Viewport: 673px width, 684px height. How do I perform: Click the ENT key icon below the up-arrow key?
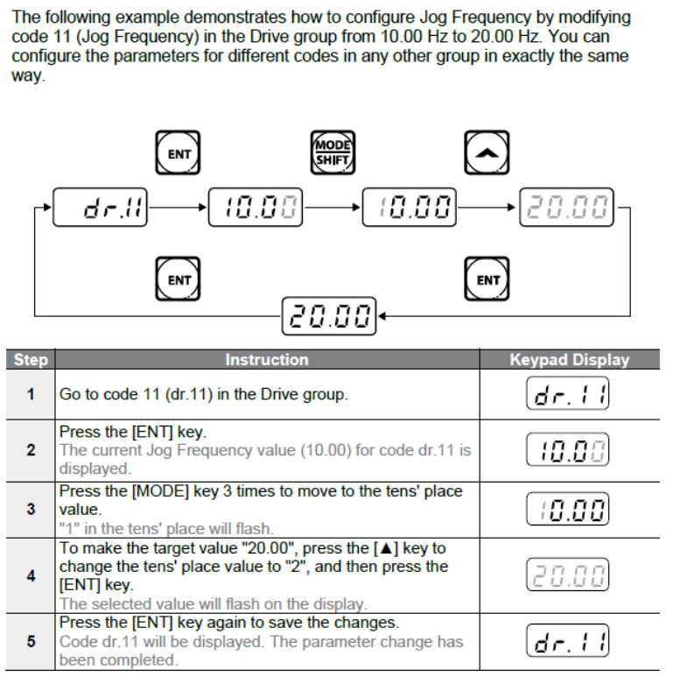487,279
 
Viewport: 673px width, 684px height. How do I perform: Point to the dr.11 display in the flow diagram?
102,208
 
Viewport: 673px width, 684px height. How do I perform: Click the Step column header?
30,360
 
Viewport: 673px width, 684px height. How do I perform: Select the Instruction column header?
266,360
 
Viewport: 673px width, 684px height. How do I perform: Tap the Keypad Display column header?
569,360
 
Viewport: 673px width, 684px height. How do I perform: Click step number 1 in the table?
30,394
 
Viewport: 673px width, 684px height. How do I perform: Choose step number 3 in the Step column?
30,508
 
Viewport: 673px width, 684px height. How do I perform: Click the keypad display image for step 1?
569,394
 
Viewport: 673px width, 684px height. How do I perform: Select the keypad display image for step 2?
569,451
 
